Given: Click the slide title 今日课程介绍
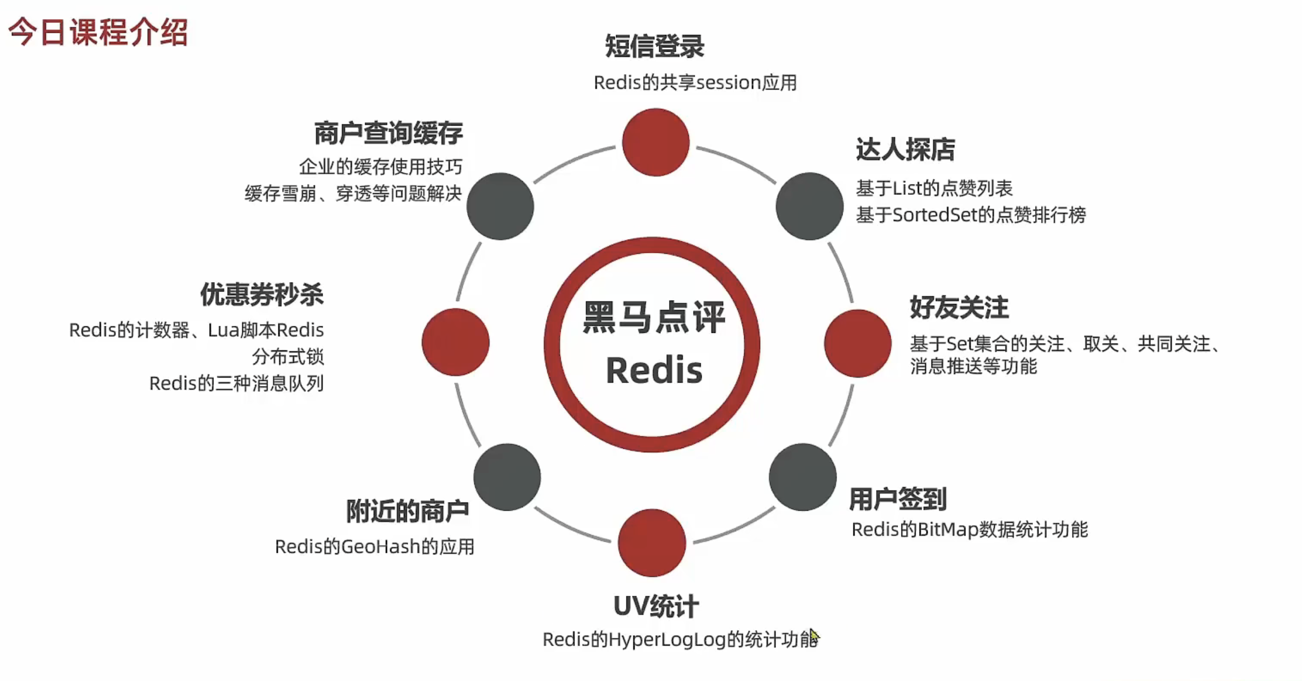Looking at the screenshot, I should pos(98,32).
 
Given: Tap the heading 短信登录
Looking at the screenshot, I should pos(654,46).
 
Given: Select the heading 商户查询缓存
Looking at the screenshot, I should pos(388,133).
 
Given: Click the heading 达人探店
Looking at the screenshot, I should pos(905,150).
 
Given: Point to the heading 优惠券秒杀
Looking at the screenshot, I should pos(261,295).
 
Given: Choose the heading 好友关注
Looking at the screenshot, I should pos(959,307).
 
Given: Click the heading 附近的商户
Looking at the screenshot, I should pos(407,511).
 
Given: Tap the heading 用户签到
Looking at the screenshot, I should pos(898,499).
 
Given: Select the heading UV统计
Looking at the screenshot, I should pos(655,606).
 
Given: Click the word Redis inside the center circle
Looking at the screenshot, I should pos(654,371).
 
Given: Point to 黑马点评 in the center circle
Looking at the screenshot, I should pos(654,317).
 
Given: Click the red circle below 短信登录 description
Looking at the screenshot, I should pos(655,142).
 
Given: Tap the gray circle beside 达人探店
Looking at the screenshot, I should pos(809,206).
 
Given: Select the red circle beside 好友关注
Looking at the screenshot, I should pos(857,343).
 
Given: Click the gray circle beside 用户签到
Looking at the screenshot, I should pos(802,477).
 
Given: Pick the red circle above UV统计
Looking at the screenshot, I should pos(652,543).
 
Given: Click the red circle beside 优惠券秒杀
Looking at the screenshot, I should pos(455,342).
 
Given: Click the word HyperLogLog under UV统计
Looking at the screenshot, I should pos(667,640).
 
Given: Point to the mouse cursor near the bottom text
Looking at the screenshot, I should pos(814,636).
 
